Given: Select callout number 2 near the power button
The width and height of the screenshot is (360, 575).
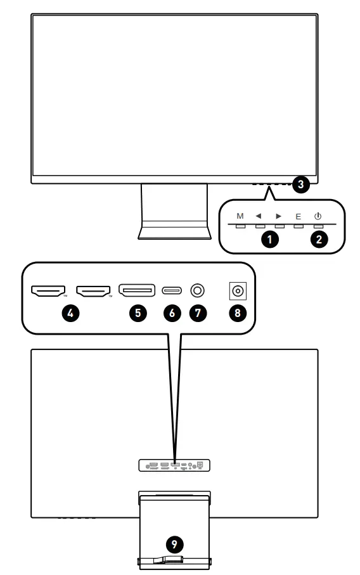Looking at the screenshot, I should point(319,240).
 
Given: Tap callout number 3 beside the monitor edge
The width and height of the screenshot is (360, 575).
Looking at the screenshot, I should point(302,185).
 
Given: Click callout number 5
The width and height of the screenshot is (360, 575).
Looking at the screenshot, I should point(137,313).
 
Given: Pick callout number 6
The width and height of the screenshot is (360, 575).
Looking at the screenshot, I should point(172,313).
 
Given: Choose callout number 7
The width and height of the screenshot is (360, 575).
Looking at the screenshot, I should point(198,313).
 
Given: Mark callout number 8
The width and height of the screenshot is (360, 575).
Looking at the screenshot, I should point(238,313).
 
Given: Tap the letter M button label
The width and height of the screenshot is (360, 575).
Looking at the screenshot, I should point(240,216).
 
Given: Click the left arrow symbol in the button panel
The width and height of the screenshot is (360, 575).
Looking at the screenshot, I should point(259,216).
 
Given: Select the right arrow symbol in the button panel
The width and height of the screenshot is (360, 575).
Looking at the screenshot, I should point(279,216).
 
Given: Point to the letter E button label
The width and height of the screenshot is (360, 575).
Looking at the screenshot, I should point(299,216).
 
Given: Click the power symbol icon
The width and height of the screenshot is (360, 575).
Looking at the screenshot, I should point(318,216).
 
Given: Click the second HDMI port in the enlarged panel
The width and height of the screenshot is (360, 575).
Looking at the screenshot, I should point(93,291).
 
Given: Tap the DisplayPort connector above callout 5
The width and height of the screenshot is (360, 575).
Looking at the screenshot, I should point(136,291).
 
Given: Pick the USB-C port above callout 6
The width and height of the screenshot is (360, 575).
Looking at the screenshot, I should point(172,291).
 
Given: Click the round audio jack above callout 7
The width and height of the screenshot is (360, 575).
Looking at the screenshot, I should point(198,291).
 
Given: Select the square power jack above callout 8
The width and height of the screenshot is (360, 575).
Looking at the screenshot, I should point(238,291).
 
